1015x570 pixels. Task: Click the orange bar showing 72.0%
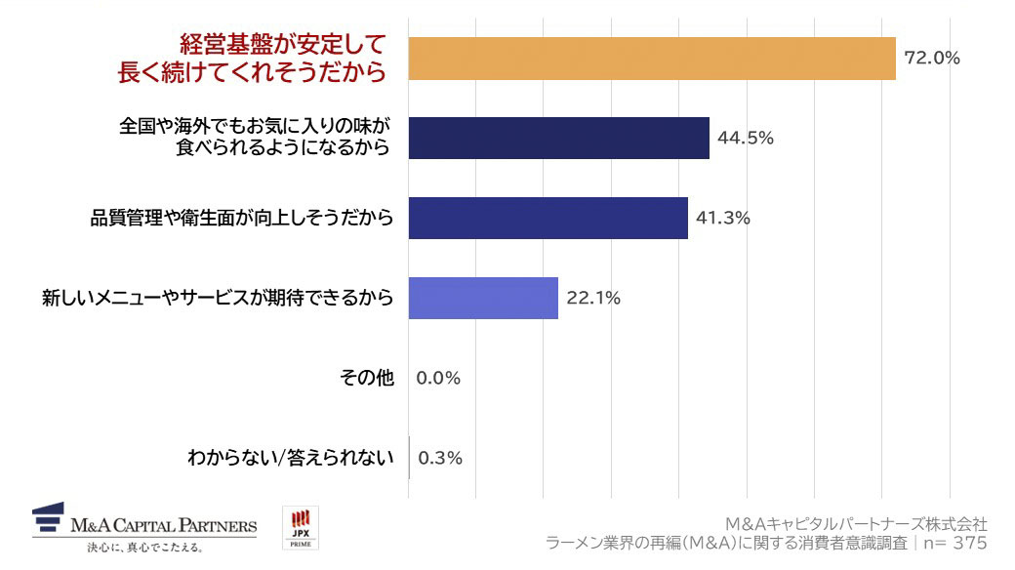point(651,59)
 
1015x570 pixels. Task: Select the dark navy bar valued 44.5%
point(558,138)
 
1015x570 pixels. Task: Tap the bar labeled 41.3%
point(548,218)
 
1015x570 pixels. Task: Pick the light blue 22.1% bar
point(483,298)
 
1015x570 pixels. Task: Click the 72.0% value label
point(932,59)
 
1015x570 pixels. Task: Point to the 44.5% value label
point(746,139)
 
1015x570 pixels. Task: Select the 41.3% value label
point(723,219)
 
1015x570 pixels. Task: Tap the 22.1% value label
point(593,299)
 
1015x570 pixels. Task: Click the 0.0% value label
point(438,379)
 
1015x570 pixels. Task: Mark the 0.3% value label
point(440,458)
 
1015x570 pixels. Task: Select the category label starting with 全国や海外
point(255,138)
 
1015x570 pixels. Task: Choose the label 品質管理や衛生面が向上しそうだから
point(242,219)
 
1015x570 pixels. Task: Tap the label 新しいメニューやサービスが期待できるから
point(218,299)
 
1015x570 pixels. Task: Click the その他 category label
point(368,379)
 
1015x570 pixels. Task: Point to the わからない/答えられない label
point(290,458)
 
